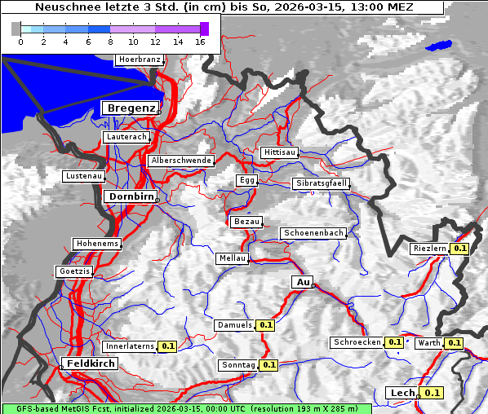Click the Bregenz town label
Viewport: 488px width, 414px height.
(131, 108)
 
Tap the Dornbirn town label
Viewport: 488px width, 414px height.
(129, 196)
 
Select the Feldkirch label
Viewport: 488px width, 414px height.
(91, 363)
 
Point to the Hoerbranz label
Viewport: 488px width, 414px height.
(139, 59)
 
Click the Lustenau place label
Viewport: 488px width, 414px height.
(84, 176)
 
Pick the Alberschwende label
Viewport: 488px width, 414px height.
(180, 161)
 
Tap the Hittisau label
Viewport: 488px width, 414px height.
(280, 152)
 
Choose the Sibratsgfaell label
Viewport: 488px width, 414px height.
(321, 183)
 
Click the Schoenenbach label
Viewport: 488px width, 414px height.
(313, 233)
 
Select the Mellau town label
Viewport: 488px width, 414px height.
(232, 258)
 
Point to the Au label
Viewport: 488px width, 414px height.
(302, 282)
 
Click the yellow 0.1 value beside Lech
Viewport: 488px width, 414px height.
(432, 393)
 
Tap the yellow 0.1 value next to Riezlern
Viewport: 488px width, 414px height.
(459, 249)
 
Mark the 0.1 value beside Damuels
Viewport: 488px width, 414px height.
(265, 325)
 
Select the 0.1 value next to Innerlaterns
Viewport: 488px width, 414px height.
(167, 346)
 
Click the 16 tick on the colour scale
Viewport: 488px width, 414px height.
(200, 42)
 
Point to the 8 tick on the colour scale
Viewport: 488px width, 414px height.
(110, 42)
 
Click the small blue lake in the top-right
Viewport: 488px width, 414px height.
(438, 46)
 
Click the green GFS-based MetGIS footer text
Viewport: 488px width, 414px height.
(186, 408)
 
